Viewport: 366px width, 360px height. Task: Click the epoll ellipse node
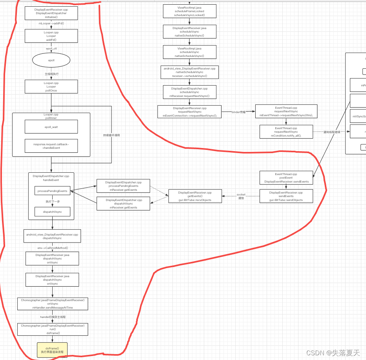(51, 60)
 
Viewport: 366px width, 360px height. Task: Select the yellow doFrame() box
(52, 350)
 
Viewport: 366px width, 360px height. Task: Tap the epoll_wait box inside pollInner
(51, 127)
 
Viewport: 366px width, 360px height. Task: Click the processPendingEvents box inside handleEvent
(52, 191)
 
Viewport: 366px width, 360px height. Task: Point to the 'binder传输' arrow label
(238, 112)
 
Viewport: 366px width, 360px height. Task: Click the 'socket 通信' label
(241, 196)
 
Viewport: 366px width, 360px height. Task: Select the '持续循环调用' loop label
(112, 135)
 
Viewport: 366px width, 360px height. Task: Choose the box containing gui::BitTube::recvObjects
(195, 196)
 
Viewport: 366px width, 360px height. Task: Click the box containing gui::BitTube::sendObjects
(286, 196)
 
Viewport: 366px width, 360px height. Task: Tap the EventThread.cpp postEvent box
(286, 177)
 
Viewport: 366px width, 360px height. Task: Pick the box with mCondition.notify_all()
(286, 132)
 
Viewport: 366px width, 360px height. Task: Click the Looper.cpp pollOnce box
(51, 87)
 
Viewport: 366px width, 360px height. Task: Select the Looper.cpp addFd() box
(51, 36)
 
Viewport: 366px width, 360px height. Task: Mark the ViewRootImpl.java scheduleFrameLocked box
(190, 11)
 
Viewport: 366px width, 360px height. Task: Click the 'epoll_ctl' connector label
(51, 49)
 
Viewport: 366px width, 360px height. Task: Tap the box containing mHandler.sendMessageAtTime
(52, 304)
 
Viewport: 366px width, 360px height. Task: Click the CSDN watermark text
(333, 353)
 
